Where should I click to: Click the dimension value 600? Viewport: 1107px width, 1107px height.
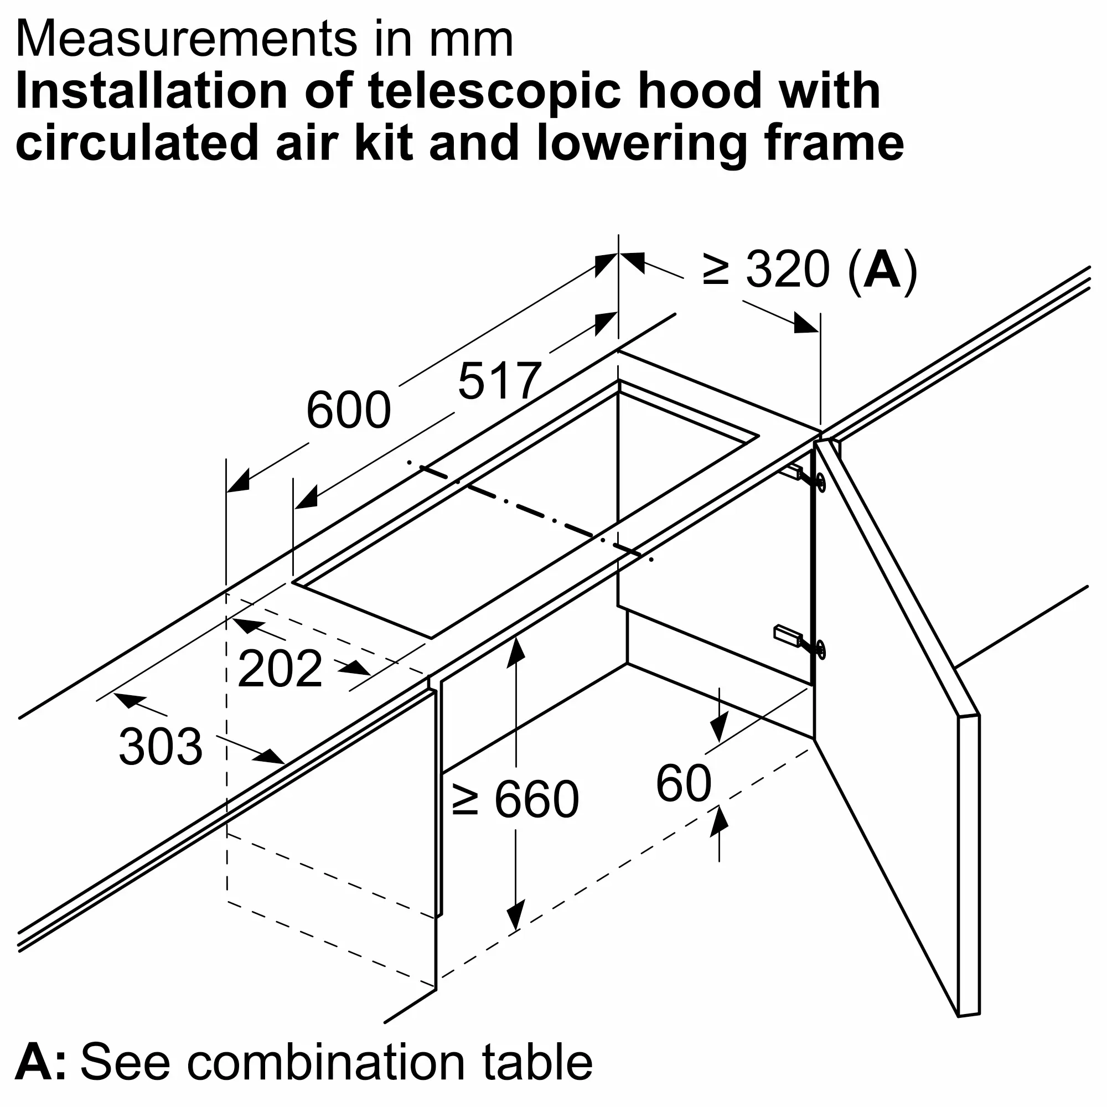tap(348, 410)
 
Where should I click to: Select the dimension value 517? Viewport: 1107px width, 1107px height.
tap(500, 381)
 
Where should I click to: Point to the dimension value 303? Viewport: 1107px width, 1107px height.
tap(161, 747)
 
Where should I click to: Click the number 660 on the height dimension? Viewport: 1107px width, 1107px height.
tap(536, 799)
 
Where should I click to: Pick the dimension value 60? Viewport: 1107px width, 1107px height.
tap(684, 783)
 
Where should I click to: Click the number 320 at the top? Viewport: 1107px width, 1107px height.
tap(788, 269)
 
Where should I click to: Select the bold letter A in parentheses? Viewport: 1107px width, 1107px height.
tap(882, 269)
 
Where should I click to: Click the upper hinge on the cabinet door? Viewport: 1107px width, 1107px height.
tap(804, 477)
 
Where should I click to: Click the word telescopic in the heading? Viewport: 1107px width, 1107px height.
tap(494, 92)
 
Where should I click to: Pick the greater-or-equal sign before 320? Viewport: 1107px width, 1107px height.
tap(716, 270)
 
